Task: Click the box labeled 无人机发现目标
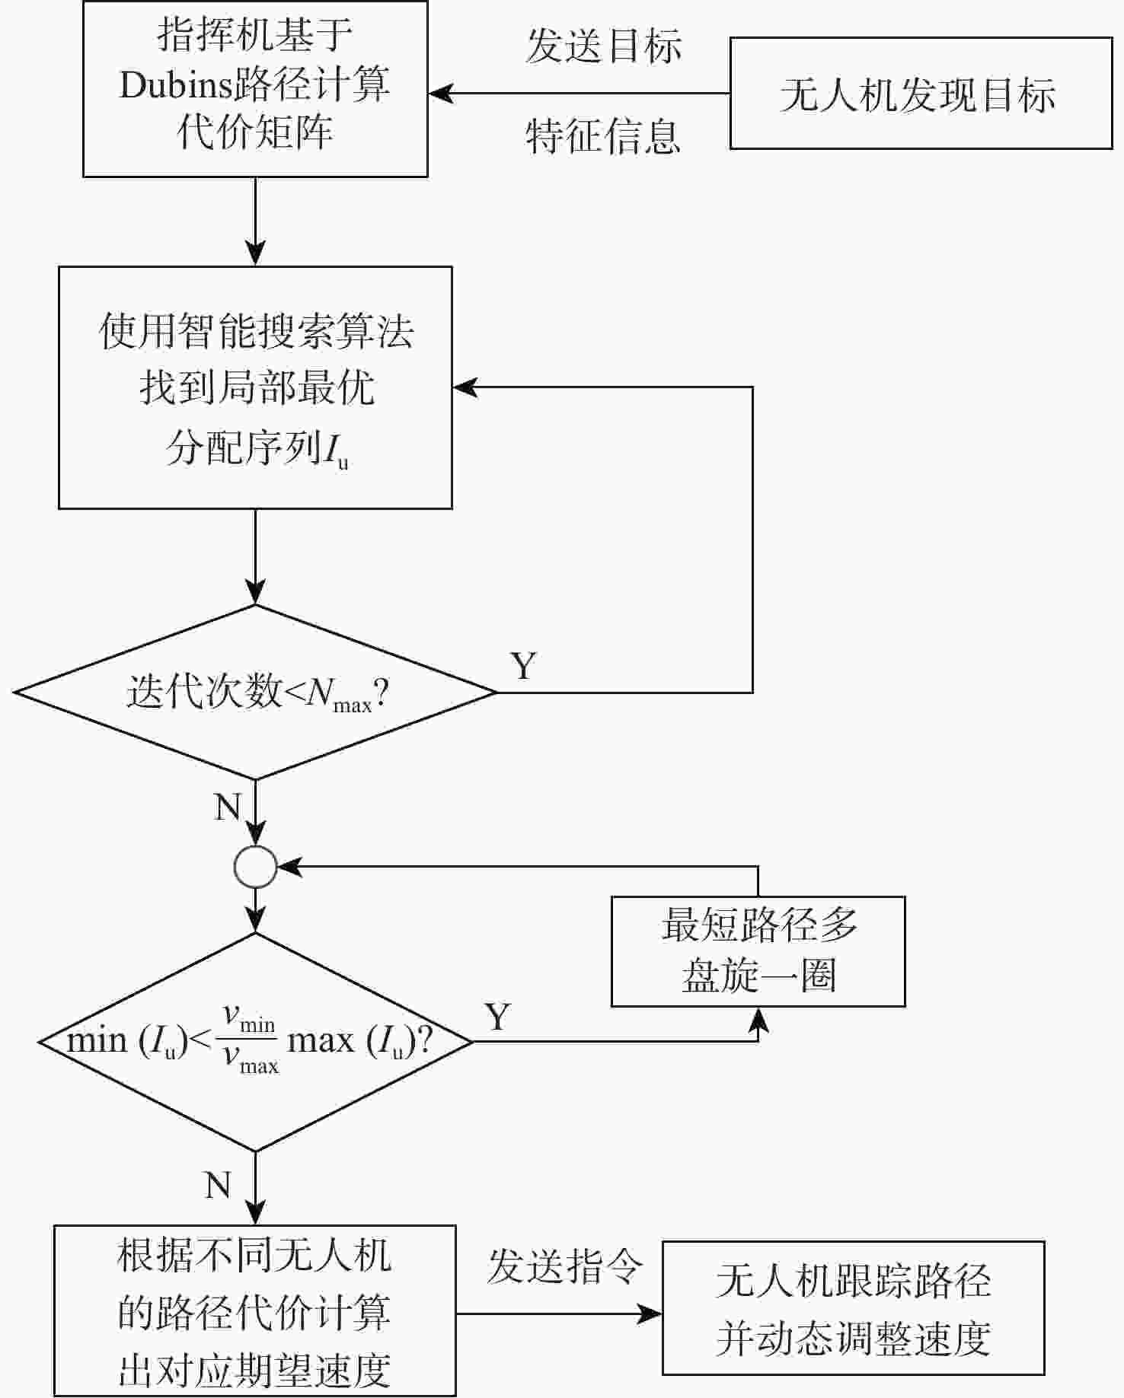coord(921,93)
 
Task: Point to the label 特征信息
coord(602,136)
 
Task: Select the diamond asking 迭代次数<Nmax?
coord(255,692)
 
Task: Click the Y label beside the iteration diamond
coord(523,666)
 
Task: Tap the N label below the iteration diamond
coord(227,807)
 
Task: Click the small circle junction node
coord(255,867)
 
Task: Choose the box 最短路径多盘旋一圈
coord(758,951)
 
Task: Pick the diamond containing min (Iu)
coord(255,1041)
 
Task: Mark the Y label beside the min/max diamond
coord(497,1017)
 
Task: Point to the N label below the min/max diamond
coord(218,1185)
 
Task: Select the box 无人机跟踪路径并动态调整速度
coord(853,1309)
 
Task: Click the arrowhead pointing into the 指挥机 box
coord(440,94)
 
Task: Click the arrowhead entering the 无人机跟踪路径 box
coord(650,1314)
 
